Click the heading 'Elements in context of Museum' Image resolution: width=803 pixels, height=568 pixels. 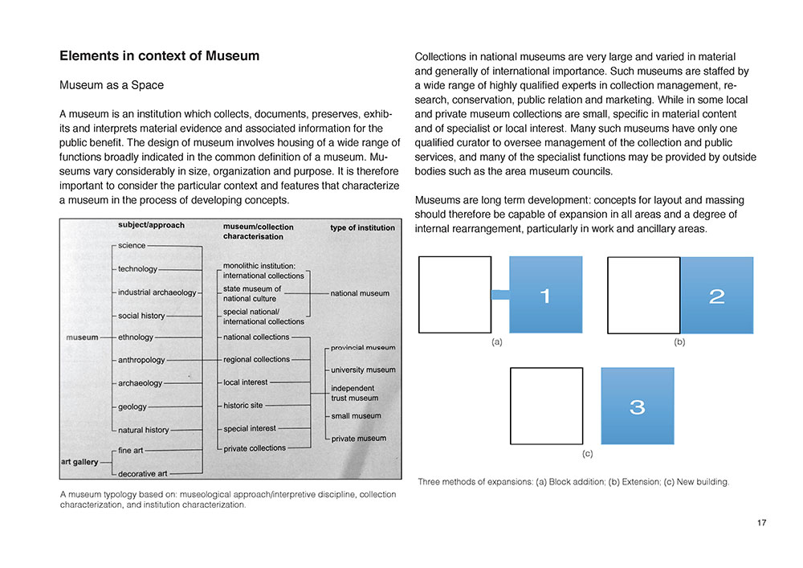click(x=159, y=56)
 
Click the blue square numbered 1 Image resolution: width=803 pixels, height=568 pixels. click(x=545, y=295)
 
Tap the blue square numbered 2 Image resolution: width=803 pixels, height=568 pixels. click(x=717, y=295)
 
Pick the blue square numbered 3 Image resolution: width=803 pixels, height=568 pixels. click(x=637, y=406)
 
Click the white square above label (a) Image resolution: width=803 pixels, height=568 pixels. click(x=454, y=294)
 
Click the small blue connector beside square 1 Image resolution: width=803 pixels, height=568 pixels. click(x=500, y=295)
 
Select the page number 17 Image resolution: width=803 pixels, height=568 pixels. click(x=761, y=523)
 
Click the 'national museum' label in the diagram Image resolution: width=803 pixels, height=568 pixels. click(x=360, y=293)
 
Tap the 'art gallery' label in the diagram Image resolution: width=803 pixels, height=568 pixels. click(x=79, y=462)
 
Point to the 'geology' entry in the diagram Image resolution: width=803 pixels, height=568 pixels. click(x=132, y=407)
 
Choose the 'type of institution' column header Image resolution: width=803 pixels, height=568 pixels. click(x=362, y=227)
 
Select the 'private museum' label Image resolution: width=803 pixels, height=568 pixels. click(x=358, y=439)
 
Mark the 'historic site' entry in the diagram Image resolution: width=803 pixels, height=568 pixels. click(x=243, y=406)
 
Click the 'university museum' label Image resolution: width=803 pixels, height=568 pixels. click(x=363, y=370)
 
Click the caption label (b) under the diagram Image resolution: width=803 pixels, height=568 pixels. click(x=679, y=342)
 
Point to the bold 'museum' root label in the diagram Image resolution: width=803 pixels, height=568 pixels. click(x=82, y=337)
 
